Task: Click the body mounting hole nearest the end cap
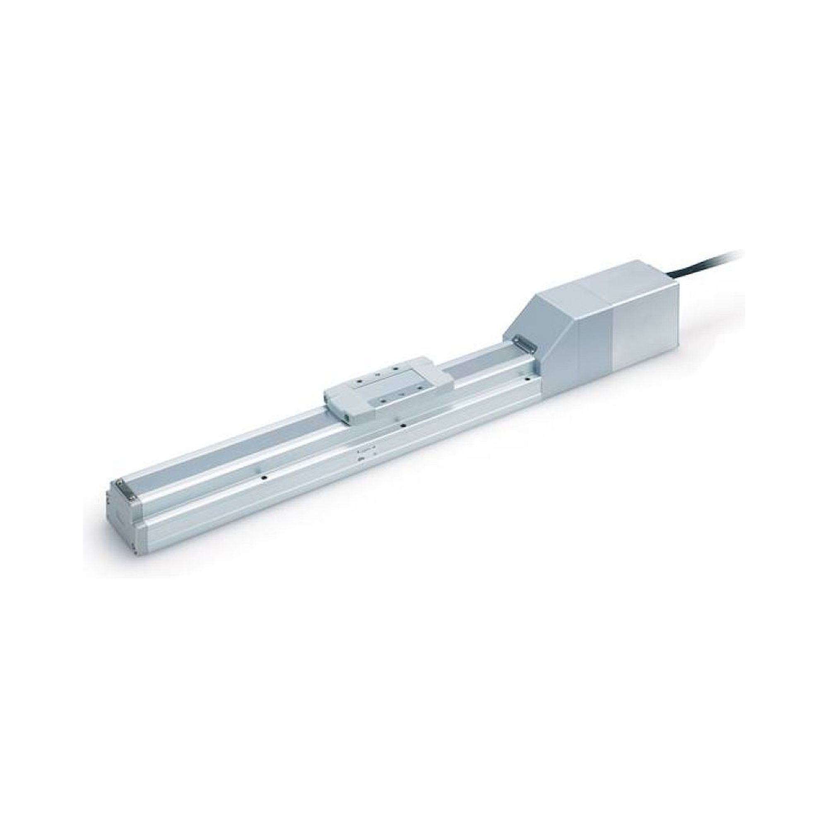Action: [x=265, y=477]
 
